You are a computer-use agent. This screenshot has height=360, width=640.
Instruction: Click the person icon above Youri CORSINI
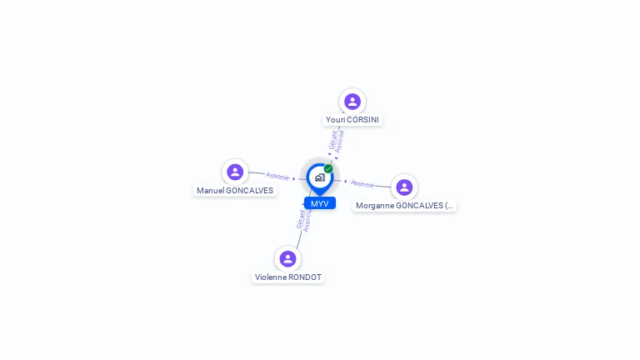(x=352, y=102)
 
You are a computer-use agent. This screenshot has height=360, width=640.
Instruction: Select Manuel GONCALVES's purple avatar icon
(x=235, y=172)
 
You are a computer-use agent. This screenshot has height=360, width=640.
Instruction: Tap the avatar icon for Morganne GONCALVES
(x=404, y=187)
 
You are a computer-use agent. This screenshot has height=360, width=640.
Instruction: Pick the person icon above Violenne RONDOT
(x=287, y=259)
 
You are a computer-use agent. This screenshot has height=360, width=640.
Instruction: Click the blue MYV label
(x=320, y=203)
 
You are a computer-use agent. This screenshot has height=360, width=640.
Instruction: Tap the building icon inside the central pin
(x=319, y=177)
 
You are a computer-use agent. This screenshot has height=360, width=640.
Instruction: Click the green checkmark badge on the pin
(x=328, y=168)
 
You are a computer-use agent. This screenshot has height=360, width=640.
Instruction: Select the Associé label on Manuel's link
(x=277, y=176)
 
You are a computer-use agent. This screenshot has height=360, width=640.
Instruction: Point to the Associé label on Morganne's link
(x=362, y=183)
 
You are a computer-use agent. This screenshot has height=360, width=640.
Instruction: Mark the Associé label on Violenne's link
(x=307, y=221)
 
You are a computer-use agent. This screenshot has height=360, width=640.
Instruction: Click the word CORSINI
(x=363, y=120)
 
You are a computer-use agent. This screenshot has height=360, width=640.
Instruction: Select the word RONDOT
(x=305, y=277)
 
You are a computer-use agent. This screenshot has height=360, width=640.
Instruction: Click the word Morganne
(x=375, y=206)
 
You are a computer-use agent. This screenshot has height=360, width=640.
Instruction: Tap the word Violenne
(x=271, y=277)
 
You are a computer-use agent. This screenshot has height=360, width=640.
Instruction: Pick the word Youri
(x=335, y=120)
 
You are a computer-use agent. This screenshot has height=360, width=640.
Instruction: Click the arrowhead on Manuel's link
(x=294, y=178)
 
